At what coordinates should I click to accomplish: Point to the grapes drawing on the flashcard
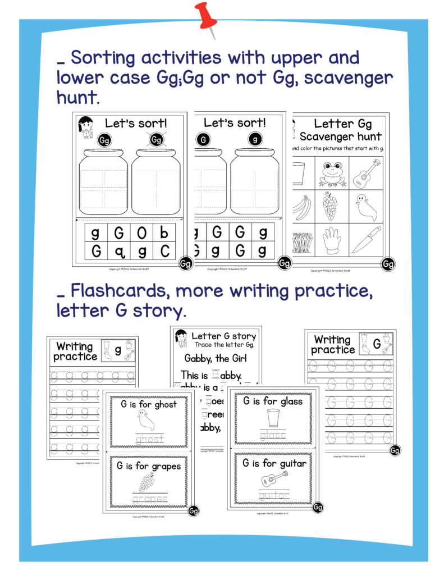pyautogui.click(x=148, y=482)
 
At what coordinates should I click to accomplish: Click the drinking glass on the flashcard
pyautogui.click(x=273, y=418)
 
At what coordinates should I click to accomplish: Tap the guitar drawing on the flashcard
pyautogui.click(x=272, y=480)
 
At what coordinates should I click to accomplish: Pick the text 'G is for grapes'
pyautogui.click(x=149, y=466)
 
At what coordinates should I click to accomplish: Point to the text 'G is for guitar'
pyautogui.click(x=274, y=463)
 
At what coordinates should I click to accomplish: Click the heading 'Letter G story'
pyautogui.click(x=223, y=336)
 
